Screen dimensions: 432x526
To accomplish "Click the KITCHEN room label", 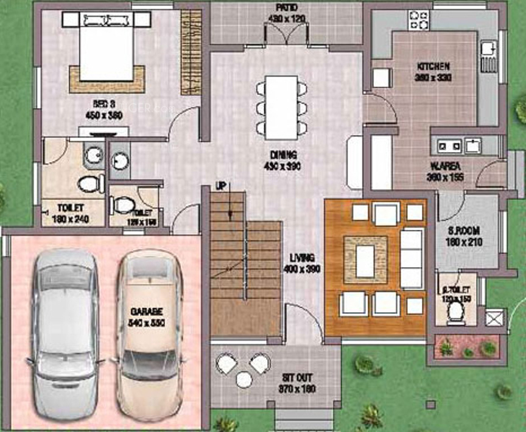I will point(433,66).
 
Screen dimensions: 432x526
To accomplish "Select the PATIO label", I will point(286,7).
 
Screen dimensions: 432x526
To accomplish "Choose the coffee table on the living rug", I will point(365,260).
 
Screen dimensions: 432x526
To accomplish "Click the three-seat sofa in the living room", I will point(412,259).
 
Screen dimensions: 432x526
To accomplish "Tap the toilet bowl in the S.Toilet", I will point(454,312).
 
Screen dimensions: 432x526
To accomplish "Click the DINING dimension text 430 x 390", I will point(281,165).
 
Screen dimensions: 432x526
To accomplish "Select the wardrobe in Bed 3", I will point(190,51).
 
